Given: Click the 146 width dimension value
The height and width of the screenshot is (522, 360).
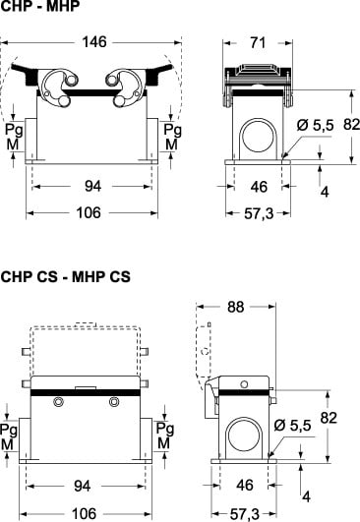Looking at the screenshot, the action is pyautogui.click(x=94, y=42).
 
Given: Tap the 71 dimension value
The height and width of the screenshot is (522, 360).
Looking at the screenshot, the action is pyautogui.click(x=258, y=43).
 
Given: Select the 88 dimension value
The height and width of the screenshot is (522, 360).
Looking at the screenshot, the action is pyautogui.click(x=235, y=307).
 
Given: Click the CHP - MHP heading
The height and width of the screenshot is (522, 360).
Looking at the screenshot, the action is pyautogui.click(x=40, y=6).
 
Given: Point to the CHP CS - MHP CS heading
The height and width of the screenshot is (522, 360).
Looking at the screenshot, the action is pyautogui.click(x=65, y=276).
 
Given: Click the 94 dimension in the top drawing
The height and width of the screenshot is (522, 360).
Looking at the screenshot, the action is pyautogui.click(x=92, y=186).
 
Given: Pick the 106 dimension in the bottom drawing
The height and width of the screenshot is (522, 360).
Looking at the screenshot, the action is pyautogui.click(x=84, y=514).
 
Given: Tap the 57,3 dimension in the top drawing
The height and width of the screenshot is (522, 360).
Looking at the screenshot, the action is pyautogui.click(x=259, y=213).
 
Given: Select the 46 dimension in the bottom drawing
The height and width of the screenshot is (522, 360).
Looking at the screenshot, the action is pyautogui.click(x=245, y=485).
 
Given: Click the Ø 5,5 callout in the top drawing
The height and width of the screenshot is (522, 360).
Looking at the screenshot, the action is pyautogui.click(x=315, y=125).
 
